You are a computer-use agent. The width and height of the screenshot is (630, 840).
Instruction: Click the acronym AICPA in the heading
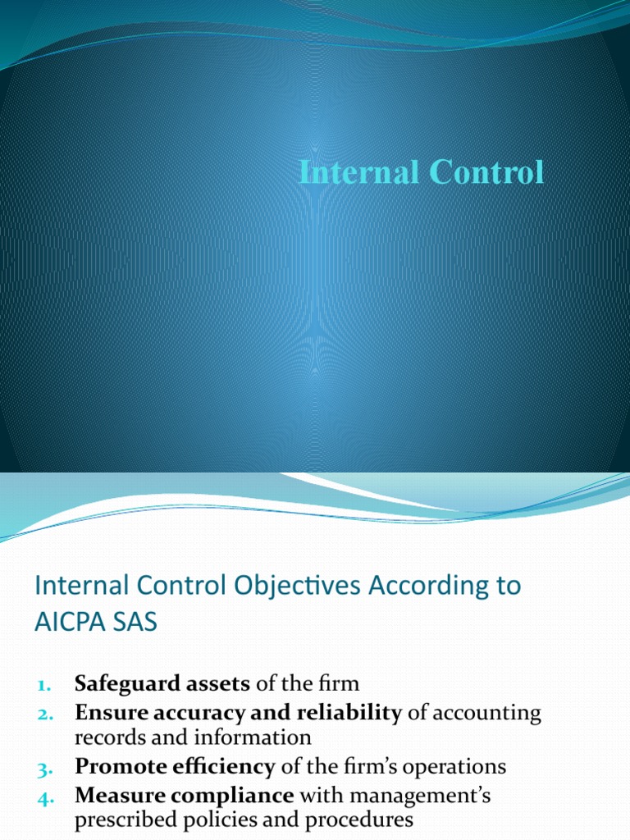click(73, 623)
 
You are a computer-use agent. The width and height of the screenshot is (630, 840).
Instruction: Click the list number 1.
click(44, 683)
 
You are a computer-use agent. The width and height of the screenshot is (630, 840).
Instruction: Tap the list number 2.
click(44, 714)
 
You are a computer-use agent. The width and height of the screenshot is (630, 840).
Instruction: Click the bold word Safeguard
click(120, 682)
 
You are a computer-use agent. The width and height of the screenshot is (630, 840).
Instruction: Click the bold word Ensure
click(110, 713)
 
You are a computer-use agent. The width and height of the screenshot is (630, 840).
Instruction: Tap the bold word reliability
click(354, 713)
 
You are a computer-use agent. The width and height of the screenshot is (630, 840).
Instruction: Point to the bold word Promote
click(115, 766)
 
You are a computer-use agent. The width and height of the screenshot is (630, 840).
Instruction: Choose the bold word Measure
click(114, 796)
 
